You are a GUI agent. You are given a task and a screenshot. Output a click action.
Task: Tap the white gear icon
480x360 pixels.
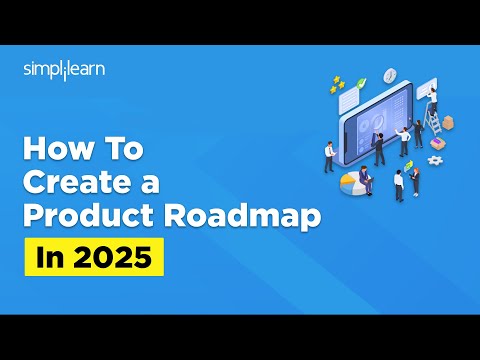coord(435,159)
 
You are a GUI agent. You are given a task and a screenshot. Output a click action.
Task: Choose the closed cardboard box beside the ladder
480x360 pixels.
coord(447,121)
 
